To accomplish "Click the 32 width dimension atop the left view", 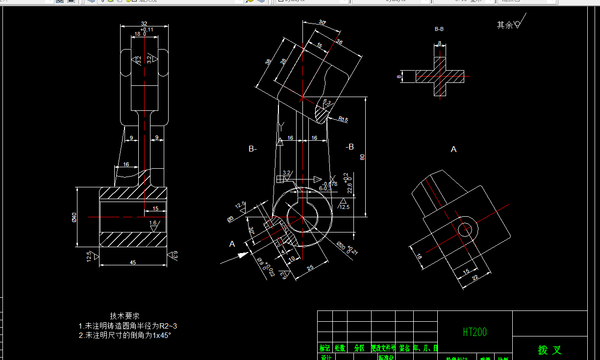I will click(144, 24).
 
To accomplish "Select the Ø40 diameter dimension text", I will click(74, 217).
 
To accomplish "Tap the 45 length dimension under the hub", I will click(132, 262).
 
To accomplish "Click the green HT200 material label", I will click(475, 332).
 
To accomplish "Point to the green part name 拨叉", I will click(550, 350).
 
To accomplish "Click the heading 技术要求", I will click(125, 316).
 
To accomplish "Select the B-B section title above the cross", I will click(439, 29).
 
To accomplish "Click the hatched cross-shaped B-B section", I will click(440, 77).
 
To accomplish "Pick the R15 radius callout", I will click(343, 119).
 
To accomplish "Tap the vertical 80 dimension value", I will click(363, 157).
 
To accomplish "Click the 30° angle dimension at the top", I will click(322, 22).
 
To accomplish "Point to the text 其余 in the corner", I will click(504, 25).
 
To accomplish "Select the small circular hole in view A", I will click(464, 229).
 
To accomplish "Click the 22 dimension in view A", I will click(475, 278).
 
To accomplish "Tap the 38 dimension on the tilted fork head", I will click(268, 62).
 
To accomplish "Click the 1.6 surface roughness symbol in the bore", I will click(153, 224).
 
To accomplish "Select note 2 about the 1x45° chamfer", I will click(125, 335).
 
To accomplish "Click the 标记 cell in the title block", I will click(325, 348).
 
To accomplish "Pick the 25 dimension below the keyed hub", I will click(310, 268).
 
